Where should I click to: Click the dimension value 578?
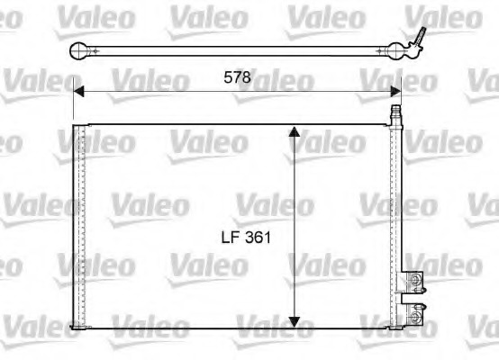(238, 77)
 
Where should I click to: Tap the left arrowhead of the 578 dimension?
(78, 91)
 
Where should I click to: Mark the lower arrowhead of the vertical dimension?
(294, 321)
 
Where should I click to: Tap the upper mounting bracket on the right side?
(413, 280)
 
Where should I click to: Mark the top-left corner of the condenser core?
(74, 125)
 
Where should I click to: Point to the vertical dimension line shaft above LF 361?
(294, 180)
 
